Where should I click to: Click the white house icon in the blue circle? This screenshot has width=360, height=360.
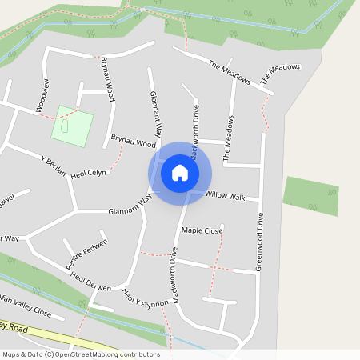coord(179,173)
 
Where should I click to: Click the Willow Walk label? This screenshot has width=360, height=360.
coord(225,194)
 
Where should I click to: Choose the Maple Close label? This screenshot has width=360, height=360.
coord(202,230)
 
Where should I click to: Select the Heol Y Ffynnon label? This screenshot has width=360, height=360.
coord(145,299)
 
